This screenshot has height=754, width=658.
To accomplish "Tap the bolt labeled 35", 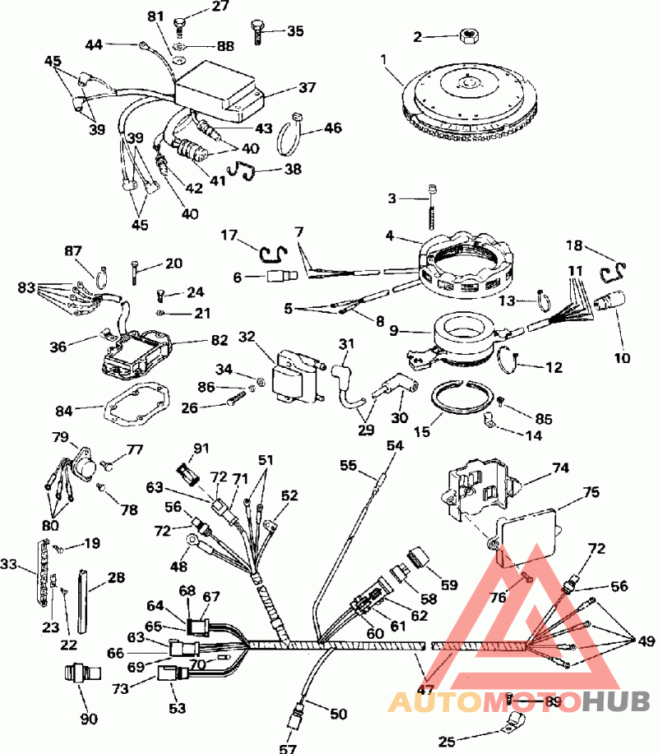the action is pyautogui.click(x=257, y=32).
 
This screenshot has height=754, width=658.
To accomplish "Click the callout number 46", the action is pyautogui.click(x=331, y=128).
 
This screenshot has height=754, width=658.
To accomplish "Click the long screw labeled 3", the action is pyautogui.click(x=432, y=207).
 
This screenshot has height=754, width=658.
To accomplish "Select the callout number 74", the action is pyautogui.click(x=560, y=468).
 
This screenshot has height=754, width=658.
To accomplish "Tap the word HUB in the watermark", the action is pyautogui.click(x=616, y=702).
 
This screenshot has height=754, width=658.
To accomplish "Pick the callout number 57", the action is pyautogui.click(x=288, y=747).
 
